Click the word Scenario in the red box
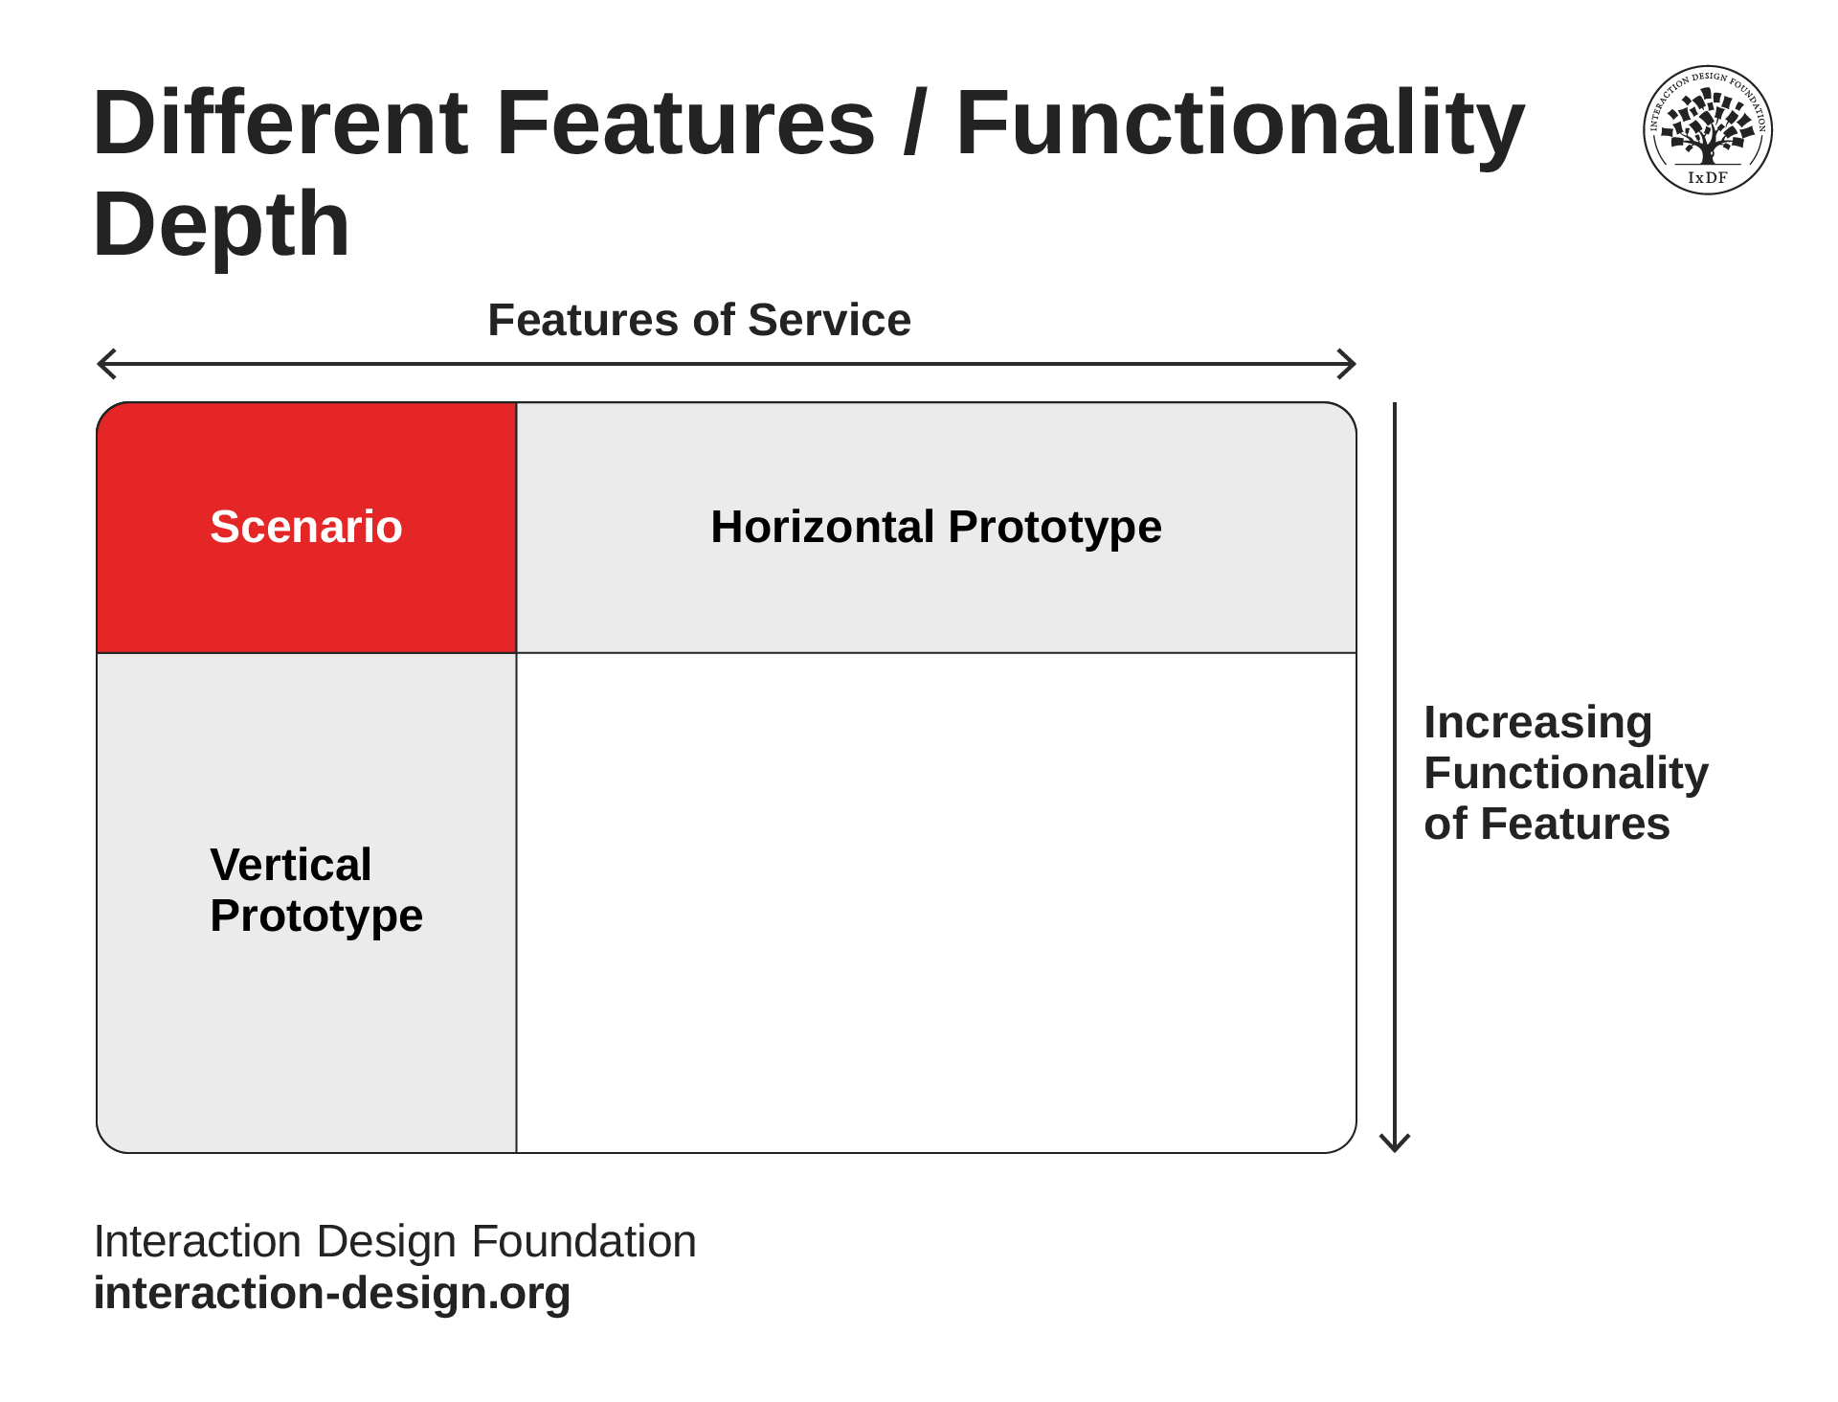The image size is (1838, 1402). coord(306,527)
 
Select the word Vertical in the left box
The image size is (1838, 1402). coord(291,865)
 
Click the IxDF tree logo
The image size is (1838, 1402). coord(1708,130)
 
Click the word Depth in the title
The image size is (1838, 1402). coord(222,224)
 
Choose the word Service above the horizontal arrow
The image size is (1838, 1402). coord(830,320)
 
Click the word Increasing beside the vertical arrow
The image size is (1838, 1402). coord(1538,724)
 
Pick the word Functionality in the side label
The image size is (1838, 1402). coord(1566,773)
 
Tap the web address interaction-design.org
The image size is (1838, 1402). coord(332,1293)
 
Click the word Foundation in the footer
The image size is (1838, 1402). coord(584,1241)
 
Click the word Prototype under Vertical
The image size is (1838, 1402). coord(317,916)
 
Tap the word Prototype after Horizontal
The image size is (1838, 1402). coord(1055,527)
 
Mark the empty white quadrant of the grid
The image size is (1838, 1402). coord(936,903)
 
